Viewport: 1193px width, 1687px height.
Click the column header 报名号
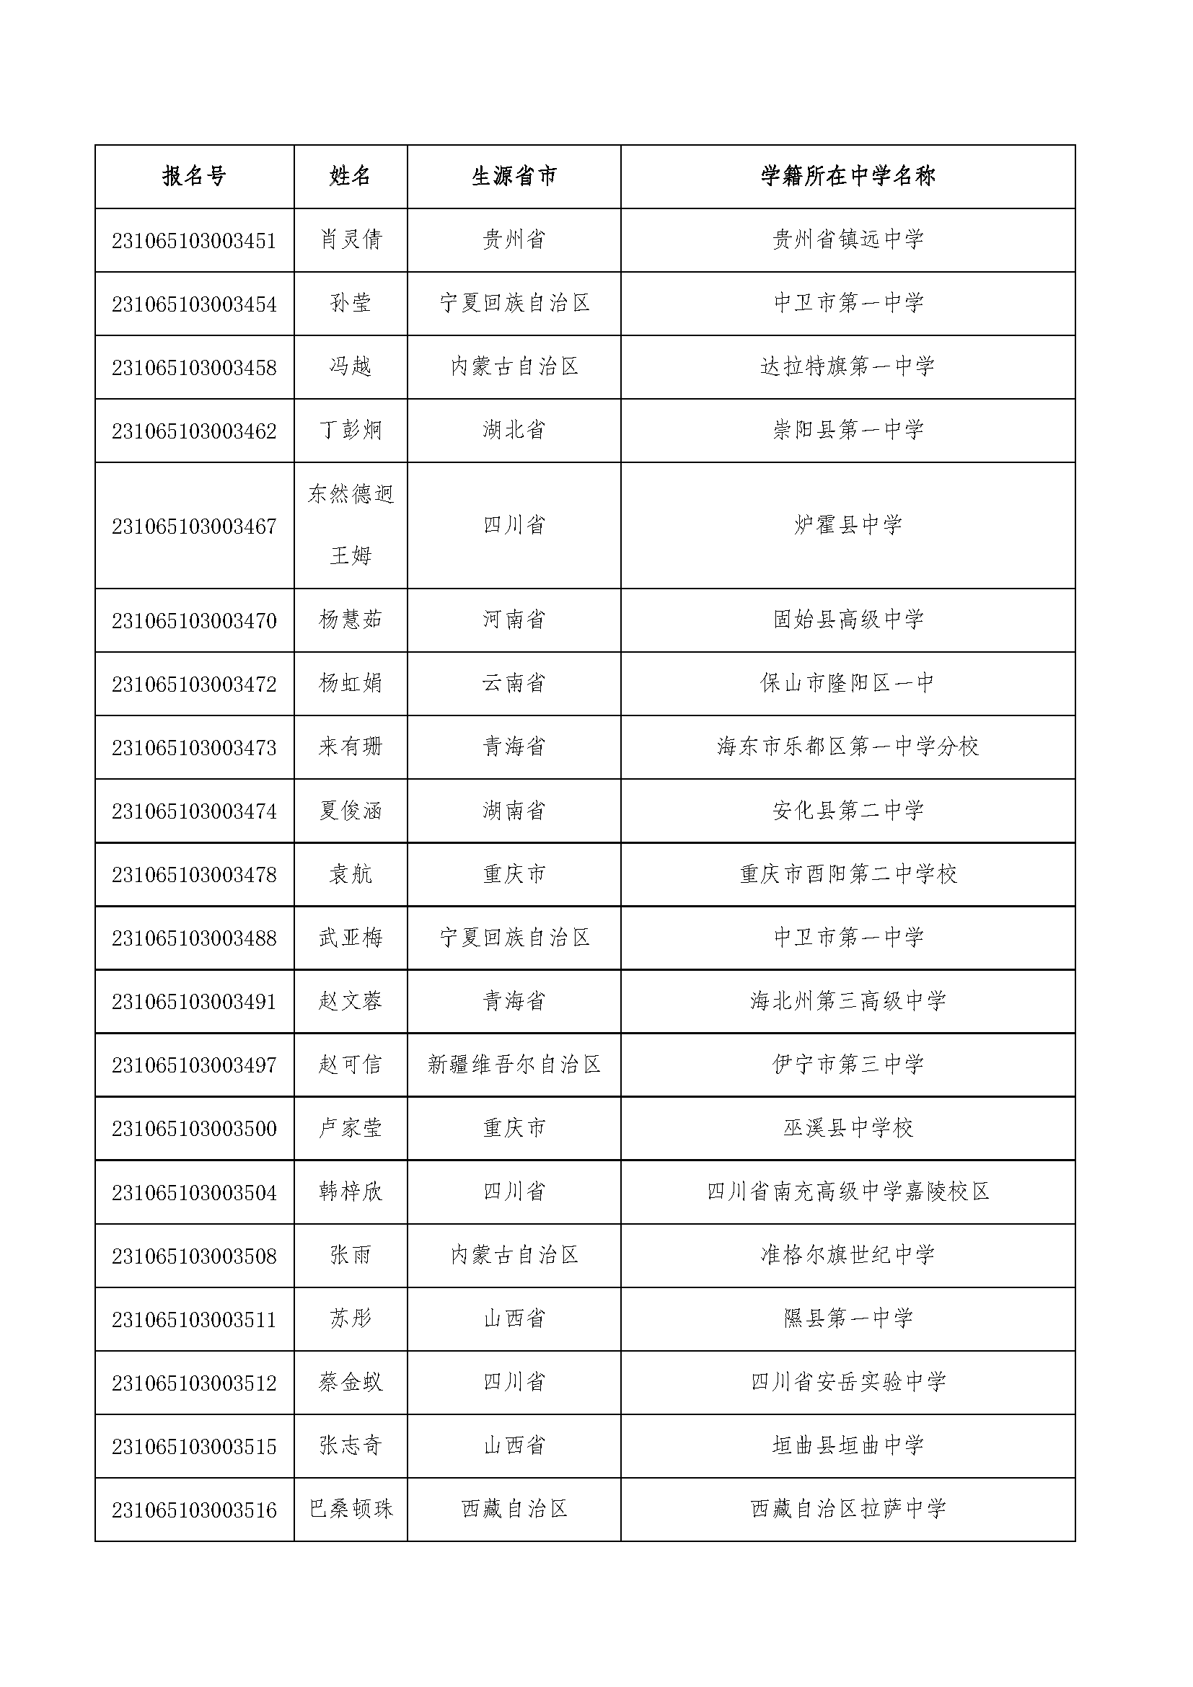194,176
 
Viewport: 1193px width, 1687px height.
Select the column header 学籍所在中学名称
848,176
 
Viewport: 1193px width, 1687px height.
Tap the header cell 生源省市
514,176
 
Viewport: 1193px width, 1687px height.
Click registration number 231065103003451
194,241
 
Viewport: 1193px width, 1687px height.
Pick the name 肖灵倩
351,240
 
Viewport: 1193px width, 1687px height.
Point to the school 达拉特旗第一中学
848,366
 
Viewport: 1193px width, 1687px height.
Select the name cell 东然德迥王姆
351,525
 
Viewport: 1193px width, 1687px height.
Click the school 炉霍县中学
848,525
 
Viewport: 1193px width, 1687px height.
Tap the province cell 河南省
514,620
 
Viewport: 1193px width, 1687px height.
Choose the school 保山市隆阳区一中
848,684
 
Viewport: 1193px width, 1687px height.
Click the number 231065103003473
194,748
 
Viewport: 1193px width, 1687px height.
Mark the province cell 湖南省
514,811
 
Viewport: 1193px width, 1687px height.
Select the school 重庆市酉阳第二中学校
848,874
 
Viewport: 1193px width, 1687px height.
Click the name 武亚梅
351,938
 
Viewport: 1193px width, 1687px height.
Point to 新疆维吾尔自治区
514,1065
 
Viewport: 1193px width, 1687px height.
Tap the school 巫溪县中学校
848,1128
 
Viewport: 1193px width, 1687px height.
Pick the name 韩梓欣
351,1192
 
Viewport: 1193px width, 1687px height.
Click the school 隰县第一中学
848,1319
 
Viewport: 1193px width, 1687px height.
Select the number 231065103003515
194,1447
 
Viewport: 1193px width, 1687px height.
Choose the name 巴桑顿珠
351,1510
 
